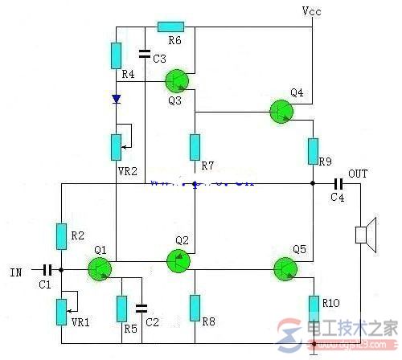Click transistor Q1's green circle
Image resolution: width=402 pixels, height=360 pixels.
100,270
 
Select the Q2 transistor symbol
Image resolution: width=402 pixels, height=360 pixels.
178,261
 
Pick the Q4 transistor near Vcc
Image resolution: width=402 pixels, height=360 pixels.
281,112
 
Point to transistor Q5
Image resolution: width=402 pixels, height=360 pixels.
285,268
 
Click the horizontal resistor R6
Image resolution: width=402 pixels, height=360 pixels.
170,27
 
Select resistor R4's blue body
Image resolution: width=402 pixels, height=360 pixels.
117,55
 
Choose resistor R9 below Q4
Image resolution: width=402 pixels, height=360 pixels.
313,150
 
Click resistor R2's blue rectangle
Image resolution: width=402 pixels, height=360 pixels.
61,236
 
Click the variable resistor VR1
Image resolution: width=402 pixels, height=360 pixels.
61,311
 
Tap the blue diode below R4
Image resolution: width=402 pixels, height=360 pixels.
117,100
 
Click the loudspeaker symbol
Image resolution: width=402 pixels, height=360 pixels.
363,235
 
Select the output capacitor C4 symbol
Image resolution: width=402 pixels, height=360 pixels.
337,184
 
